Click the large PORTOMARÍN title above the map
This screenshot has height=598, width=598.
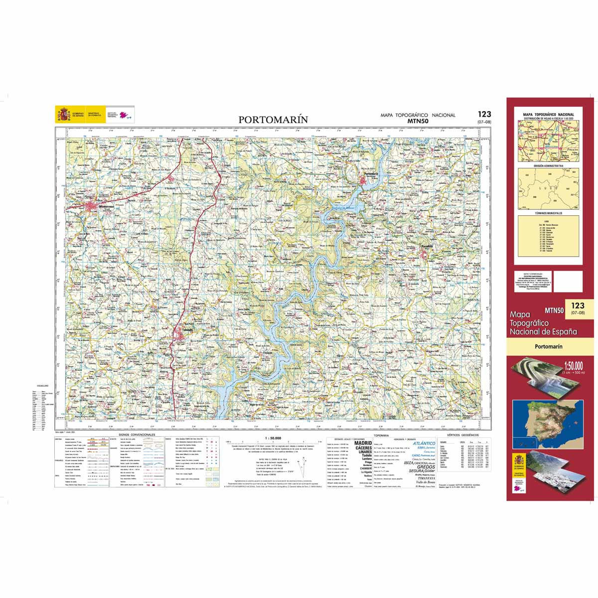tap(273, 120)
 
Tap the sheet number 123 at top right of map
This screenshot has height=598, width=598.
tap(484, 115)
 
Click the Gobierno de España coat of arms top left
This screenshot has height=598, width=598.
tap(63, 115)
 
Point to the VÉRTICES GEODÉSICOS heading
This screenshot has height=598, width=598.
tap(462, 435)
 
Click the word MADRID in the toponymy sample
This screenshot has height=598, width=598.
tap(363, 443)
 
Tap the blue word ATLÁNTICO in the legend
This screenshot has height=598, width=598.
tap(424, 443)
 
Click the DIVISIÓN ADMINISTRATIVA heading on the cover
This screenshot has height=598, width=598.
tap(548, 165)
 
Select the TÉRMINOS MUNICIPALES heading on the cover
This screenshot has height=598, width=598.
tap(548, 213)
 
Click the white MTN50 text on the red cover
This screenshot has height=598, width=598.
tap(554, 310)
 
